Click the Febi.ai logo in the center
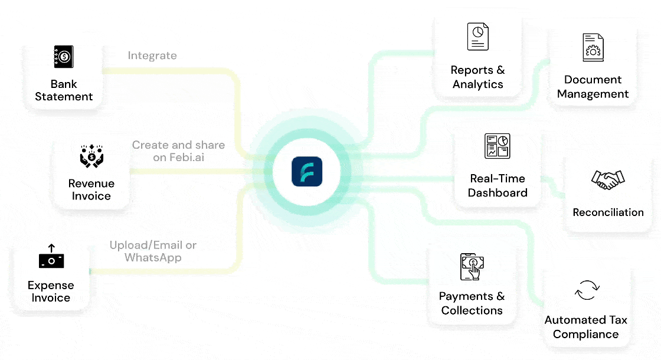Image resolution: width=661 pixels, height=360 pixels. (307, 172)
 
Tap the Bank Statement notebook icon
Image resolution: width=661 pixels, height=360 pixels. (64, 57)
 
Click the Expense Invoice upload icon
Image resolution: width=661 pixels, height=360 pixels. (51, 257)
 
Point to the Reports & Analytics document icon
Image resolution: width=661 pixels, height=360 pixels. (478, 37)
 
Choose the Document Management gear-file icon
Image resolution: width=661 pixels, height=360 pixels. (593, 47)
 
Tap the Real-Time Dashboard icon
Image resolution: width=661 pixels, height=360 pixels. (498, 146)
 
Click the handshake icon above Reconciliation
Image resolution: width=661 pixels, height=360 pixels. (608, 180)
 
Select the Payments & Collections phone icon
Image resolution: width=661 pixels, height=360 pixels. (472, 267)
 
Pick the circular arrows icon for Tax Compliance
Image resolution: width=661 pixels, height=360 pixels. (587, 290)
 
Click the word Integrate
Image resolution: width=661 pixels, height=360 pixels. (152, 55)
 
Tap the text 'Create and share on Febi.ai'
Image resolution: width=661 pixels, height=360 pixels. (178, 151)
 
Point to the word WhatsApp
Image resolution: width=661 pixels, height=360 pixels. (153, 258)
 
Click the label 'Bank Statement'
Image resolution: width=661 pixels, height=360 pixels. (64, 90)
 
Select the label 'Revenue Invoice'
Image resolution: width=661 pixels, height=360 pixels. (91, 189)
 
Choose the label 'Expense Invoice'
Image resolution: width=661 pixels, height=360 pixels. (51, 292)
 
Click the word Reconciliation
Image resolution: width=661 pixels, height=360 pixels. (608, 212)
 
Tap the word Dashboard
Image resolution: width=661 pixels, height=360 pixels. (498, 193)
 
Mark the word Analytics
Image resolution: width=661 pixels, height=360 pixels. (478, 84)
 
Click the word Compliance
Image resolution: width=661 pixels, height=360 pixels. (585, 334)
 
